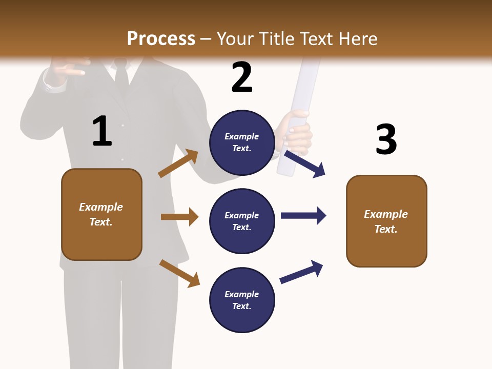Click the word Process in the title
click(x=161, y=38)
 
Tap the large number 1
click(x=102, y=131)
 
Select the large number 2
click(x=242, y=77)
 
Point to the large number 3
click(x=386, y=139)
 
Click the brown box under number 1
click(x=101, y=214)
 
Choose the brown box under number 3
click(x=386, y=221)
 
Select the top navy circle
click(x=242, y=142)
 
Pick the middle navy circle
click(x=242, y=221)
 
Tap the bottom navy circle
click(x=242, y=300)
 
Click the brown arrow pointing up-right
click(x=178, y=163)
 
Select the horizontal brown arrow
click(x=179, y=217)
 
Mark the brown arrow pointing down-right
click(x=179, y=273)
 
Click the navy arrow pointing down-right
click(x=304, y=163)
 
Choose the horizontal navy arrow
click(x=303, y=215)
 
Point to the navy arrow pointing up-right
click(x=301, y=272)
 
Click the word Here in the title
click(x=357, y=38)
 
